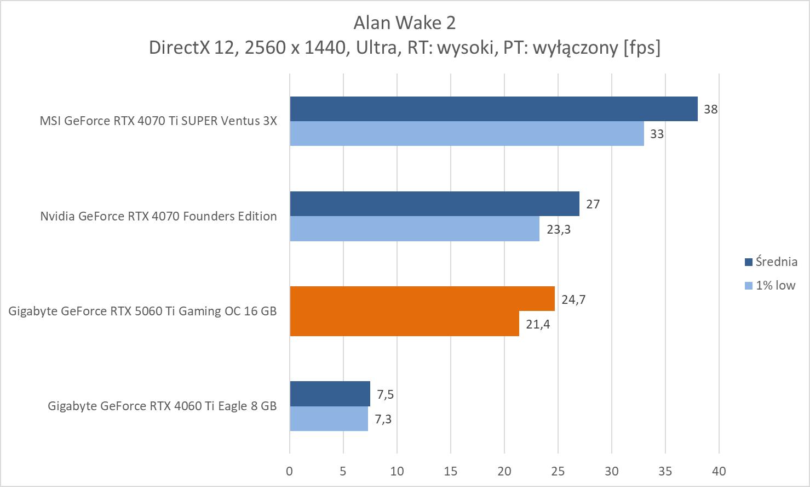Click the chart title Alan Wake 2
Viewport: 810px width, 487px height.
(x=404, y=22)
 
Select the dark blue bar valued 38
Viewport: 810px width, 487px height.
(x=493, y=109)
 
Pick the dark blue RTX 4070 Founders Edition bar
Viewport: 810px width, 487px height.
(x=434, y=203)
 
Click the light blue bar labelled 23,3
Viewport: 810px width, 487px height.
(x=414, y=229)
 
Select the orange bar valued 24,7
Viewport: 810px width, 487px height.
(x=422, y=299)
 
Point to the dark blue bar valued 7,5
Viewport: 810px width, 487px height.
(x=330, y=394)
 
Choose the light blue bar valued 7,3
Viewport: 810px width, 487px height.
(x=329, y=418)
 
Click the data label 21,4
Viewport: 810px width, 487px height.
(x=538, y=324)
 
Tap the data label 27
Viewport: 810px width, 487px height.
(x=593, y=204)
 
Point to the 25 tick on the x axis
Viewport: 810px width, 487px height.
(x=558, y=471)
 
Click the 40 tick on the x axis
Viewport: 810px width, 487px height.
(x=719, y=471)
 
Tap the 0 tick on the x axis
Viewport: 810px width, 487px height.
(x=290, y=471)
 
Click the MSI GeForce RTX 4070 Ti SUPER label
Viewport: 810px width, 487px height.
(x=158, y=121)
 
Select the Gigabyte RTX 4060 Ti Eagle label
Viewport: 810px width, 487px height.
(x=162, y=406)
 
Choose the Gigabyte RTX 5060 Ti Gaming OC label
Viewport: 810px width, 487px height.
(x=142, y=311)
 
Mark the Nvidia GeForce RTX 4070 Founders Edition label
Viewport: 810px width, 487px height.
(x=158, y=216)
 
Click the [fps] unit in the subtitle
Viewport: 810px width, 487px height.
(x=642, y=48)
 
